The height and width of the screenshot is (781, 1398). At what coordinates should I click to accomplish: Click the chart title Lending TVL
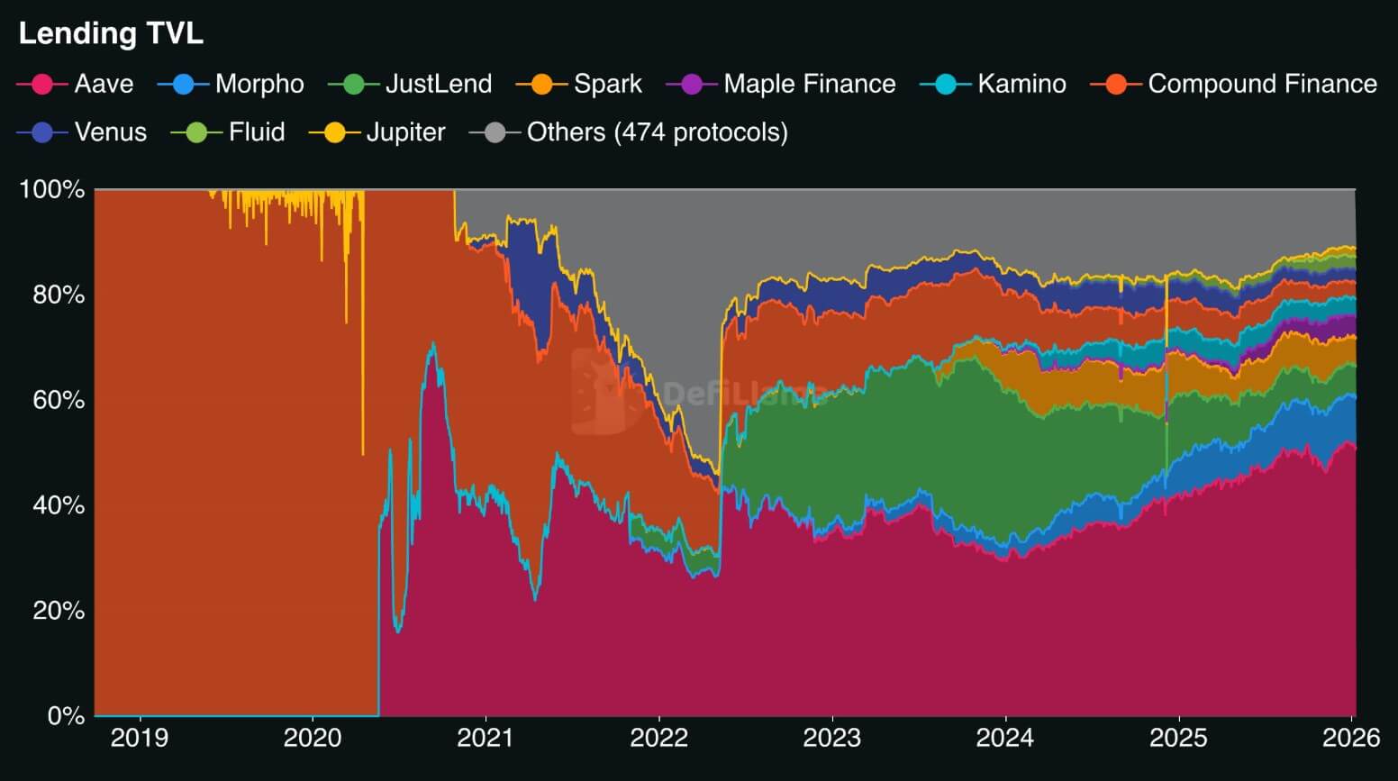click(111, 33)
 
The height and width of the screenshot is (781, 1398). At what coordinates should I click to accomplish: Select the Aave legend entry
click(76, 84)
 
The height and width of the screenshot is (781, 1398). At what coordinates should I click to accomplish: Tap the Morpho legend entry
click(231, 84)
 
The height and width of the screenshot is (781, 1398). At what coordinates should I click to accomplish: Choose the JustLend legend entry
click(411, 84)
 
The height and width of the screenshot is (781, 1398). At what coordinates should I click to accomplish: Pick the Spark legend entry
click(579, 84)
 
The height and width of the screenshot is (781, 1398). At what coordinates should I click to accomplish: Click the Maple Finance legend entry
click(781, 84)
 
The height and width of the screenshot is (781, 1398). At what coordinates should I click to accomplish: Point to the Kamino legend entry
click(994, 84)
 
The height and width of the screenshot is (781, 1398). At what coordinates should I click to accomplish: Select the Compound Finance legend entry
click(1234, 84)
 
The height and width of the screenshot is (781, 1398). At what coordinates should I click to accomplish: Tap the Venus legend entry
click(82, 132)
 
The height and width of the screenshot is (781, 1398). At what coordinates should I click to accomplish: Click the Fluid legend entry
click(229, 132)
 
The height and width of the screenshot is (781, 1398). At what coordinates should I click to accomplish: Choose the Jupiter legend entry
click(377, 132)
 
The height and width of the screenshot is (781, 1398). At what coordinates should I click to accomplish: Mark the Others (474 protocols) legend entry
click(629, 132)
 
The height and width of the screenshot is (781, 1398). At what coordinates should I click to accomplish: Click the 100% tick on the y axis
click(52, 190)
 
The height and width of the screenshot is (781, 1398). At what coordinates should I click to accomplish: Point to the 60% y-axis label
click(59, 400)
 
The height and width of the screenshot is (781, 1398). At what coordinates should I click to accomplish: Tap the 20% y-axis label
click(59, 611)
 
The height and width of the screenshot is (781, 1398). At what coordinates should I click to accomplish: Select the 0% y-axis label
click(66, 716)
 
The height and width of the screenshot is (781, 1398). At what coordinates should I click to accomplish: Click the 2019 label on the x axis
click(140, 738)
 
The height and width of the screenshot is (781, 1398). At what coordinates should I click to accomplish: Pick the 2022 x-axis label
click(658, 738)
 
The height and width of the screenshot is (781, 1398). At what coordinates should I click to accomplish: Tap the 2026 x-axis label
click(1350, 738)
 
